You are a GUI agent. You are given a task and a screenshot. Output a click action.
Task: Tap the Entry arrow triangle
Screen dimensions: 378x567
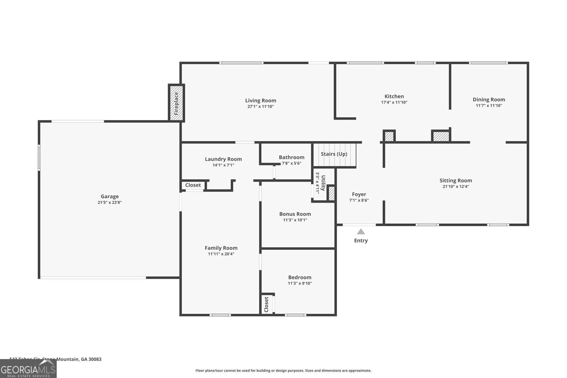click(361, 232)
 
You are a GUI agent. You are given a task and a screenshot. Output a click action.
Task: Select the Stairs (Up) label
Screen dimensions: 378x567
click(334, 154)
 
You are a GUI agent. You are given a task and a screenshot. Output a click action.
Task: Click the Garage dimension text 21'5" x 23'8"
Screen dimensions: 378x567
click(110, 203)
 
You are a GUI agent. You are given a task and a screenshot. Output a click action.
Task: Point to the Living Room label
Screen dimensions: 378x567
click(260, 101)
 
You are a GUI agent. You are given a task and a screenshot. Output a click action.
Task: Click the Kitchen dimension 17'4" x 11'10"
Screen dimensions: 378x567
click(394, 102)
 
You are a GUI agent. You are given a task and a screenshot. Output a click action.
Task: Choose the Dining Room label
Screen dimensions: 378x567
click(489, 100)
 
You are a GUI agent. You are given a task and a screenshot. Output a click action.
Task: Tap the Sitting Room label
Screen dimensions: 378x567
click(456, 181)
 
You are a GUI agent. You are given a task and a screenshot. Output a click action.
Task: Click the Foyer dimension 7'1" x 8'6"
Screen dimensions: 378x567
click(359, 200)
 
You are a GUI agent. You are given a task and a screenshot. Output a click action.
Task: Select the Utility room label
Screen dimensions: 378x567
click(323, 182)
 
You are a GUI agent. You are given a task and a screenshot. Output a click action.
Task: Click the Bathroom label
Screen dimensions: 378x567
click(291, 157)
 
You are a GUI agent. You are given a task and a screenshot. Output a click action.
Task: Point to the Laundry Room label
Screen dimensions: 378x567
click(223, 159)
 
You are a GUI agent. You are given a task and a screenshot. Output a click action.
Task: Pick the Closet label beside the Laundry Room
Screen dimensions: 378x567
click(193, 185)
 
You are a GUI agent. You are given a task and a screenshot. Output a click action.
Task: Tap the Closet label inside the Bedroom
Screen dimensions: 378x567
click(266, 304)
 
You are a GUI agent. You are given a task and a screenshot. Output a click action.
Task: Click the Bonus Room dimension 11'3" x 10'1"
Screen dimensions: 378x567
click(295, 220)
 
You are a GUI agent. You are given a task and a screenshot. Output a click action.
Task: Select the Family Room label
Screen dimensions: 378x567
click(221, 248)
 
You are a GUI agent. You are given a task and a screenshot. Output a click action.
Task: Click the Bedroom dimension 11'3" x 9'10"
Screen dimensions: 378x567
click(299, 283)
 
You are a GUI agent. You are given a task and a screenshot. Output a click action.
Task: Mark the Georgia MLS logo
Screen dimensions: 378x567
click(28, 369)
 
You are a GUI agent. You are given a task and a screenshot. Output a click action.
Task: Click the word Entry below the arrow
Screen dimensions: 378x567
click(361, 241)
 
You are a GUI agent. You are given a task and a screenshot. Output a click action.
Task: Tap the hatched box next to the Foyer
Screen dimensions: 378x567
click(331, 193)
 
